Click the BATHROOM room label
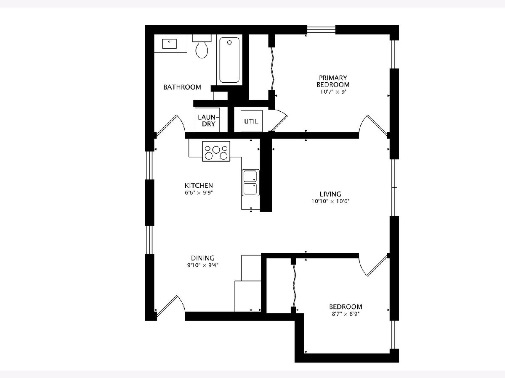(182, 87)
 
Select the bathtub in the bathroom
(229, 60)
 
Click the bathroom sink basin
(169, 44)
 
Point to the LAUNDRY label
(208, 121)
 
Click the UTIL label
(251, 121)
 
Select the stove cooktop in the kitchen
(216, 151)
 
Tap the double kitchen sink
(250, 183)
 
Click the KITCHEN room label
(199, 186)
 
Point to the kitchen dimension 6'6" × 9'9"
(199, 193)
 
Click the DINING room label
(203, 258)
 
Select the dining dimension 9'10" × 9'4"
(203, 265)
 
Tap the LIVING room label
(331, 194)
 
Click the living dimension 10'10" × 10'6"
(331, 202)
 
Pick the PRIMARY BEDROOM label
(333, 81)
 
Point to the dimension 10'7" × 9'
(333, 92)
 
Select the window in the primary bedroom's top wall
(321, 29)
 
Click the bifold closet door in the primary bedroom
(273, 68)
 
